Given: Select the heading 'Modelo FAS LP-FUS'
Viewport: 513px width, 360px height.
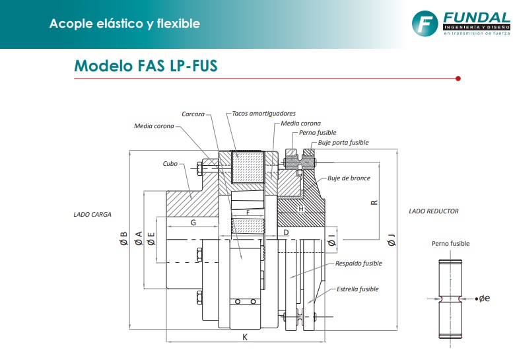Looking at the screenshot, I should (145, 66).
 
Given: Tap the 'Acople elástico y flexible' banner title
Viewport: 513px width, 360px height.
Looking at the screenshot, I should (125, 24).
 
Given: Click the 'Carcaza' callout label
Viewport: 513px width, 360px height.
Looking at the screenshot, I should (193, 114).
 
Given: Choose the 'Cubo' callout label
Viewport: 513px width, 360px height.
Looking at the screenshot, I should (170, 163).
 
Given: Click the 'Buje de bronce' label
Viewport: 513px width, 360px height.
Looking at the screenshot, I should (349, 178).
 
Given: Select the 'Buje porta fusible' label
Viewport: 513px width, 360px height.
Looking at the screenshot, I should (343, 143).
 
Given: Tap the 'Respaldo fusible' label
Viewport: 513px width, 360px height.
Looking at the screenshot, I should (359, 263).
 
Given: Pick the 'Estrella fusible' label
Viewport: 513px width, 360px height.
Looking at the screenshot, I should (358, 289).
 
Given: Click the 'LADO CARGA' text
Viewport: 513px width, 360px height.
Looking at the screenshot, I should (92, 214).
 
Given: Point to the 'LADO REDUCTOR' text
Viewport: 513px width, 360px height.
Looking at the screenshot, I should (434, 211).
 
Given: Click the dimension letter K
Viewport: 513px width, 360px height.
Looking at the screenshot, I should (245, 336).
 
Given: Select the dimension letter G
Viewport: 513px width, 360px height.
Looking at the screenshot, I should (193, 223).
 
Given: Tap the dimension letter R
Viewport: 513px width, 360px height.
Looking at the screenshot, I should (374, 202).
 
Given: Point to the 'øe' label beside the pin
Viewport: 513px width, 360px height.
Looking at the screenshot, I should (484, 299).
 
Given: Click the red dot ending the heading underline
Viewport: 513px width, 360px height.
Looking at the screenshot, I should (458, 79).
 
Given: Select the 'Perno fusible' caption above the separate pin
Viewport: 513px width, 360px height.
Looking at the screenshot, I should (451, 244).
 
